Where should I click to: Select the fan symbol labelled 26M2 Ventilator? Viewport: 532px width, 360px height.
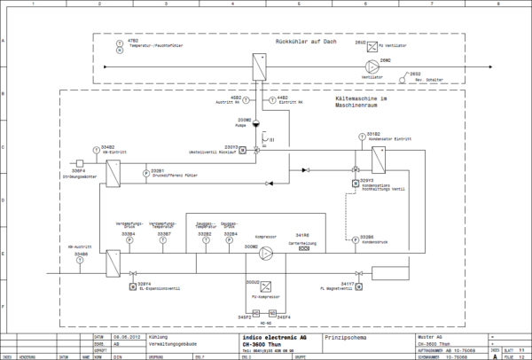[x=372, y=65]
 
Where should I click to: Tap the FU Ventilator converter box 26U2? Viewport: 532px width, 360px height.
[x=372, y=43]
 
